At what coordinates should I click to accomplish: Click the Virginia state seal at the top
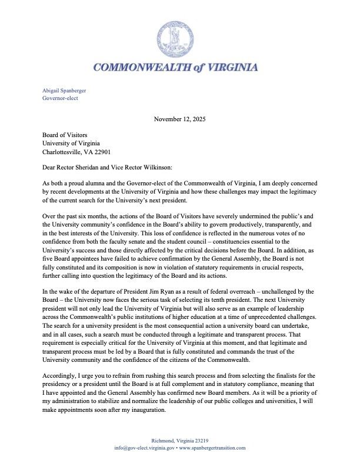tap(179, 39)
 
